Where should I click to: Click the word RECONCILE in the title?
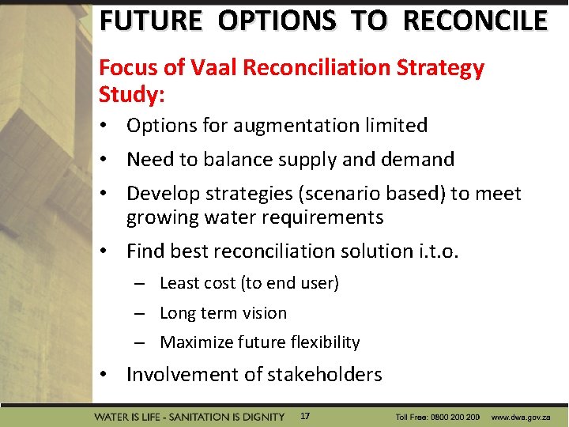click(474, 20)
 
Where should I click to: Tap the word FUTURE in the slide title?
click(150, 20)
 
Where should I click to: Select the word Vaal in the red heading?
click(213, 69)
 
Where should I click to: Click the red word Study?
click(131, 95)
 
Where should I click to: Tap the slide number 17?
click(305, 416)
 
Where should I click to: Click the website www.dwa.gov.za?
click(525, 417)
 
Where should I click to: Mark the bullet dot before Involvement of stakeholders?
click(104, 375)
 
